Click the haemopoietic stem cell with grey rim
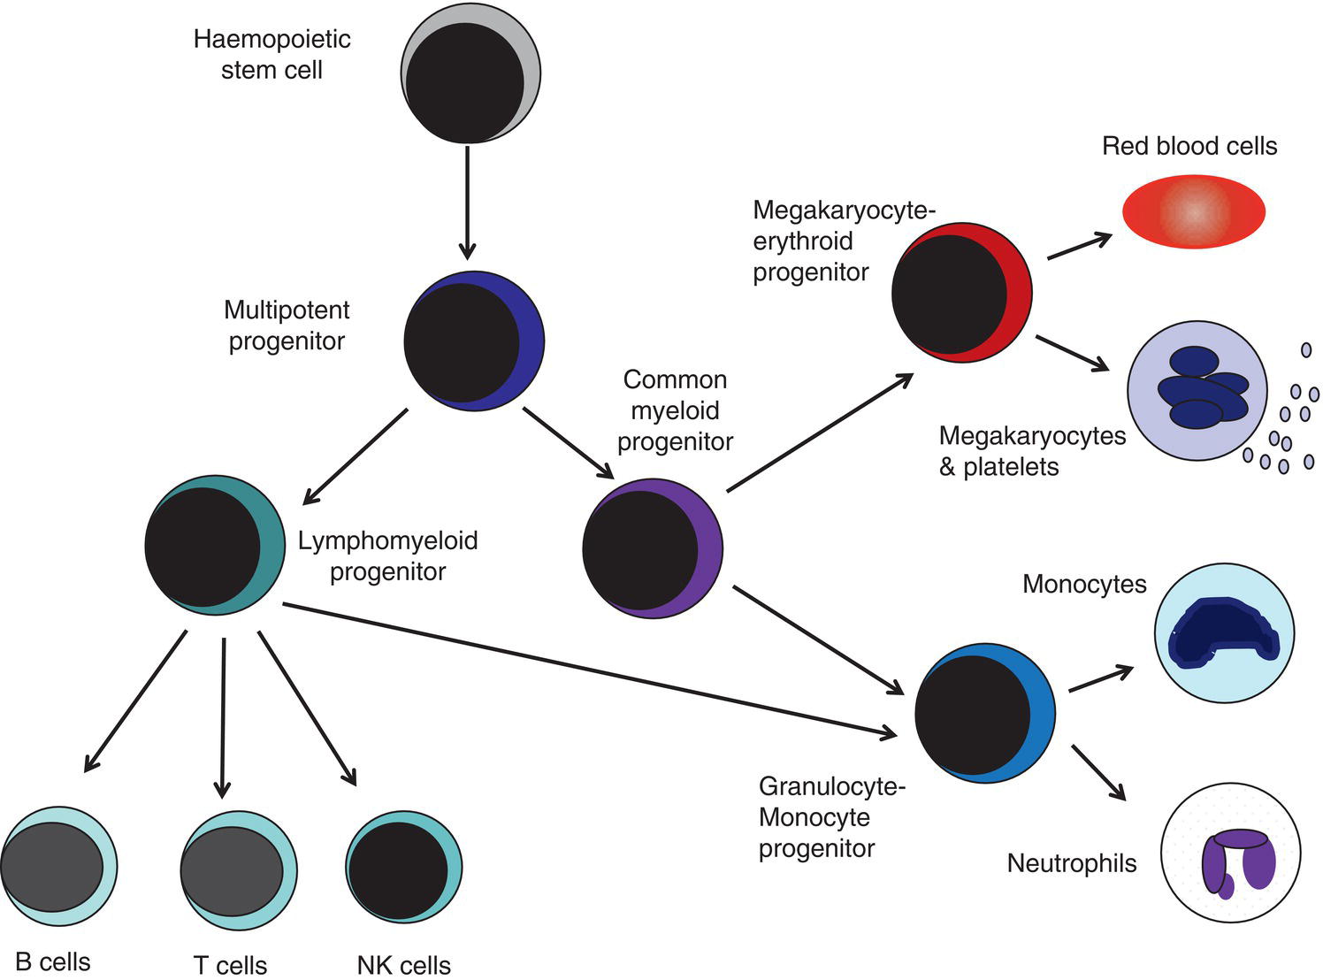pos(470,73)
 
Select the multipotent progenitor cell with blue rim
pos(474,341)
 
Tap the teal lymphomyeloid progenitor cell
pos(215,545)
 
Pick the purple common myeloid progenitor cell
pos(653,548)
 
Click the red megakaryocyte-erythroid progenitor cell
pos(961,292)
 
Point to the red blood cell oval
pos(1194,212)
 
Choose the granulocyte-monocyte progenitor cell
pos(984,713)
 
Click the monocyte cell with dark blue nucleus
pos(1225,633)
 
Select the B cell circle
pos(58,867)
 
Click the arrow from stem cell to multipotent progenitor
pos(467,203)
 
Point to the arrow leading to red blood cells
pos(1079,247)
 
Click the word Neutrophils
pos(1072,863)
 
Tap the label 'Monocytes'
pos(1084,585)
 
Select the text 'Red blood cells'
pos(1189,146)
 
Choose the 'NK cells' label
pos(404,965)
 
